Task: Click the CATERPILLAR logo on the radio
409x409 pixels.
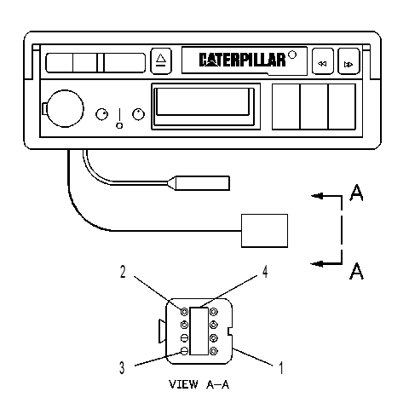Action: tap(242, 60)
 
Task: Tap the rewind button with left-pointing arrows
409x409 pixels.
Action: tap(323, 61)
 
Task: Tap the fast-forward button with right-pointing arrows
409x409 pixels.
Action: tap(349, 61)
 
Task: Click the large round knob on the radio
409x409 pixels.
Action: tap(65, 108)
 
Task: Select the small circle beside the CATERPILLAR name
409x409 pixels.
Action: tap(292, 55)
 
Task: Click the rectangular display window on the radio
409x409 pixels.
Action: tap(204, 107)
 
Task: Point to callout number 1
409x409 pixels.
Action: tap(281, 368)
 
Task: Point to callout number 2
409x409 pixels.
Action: tap(123, 272)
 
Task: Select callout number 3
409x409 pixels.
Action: tap(122, 367)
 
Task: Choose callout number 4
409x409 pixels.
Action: tap(265, 272)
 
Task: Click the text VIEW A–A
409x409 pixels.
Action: tap(199, 384)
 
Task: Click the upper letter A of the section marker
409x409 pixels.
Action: tap(356, 193)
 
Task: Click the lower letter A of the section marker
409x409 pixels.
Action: tap(356, 270)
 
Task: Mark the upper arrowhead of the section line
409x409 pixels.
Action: tap(318, 196)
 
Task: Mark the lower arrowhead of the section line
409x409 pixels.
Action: tap(317, 263)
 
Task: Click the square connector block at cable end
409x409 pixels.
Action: tap(264, 231)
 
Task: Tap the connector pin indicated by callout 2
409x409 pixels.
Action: tap(184, 312)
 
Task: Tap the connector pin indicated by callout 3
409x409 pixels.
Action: tap(184, 351)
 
